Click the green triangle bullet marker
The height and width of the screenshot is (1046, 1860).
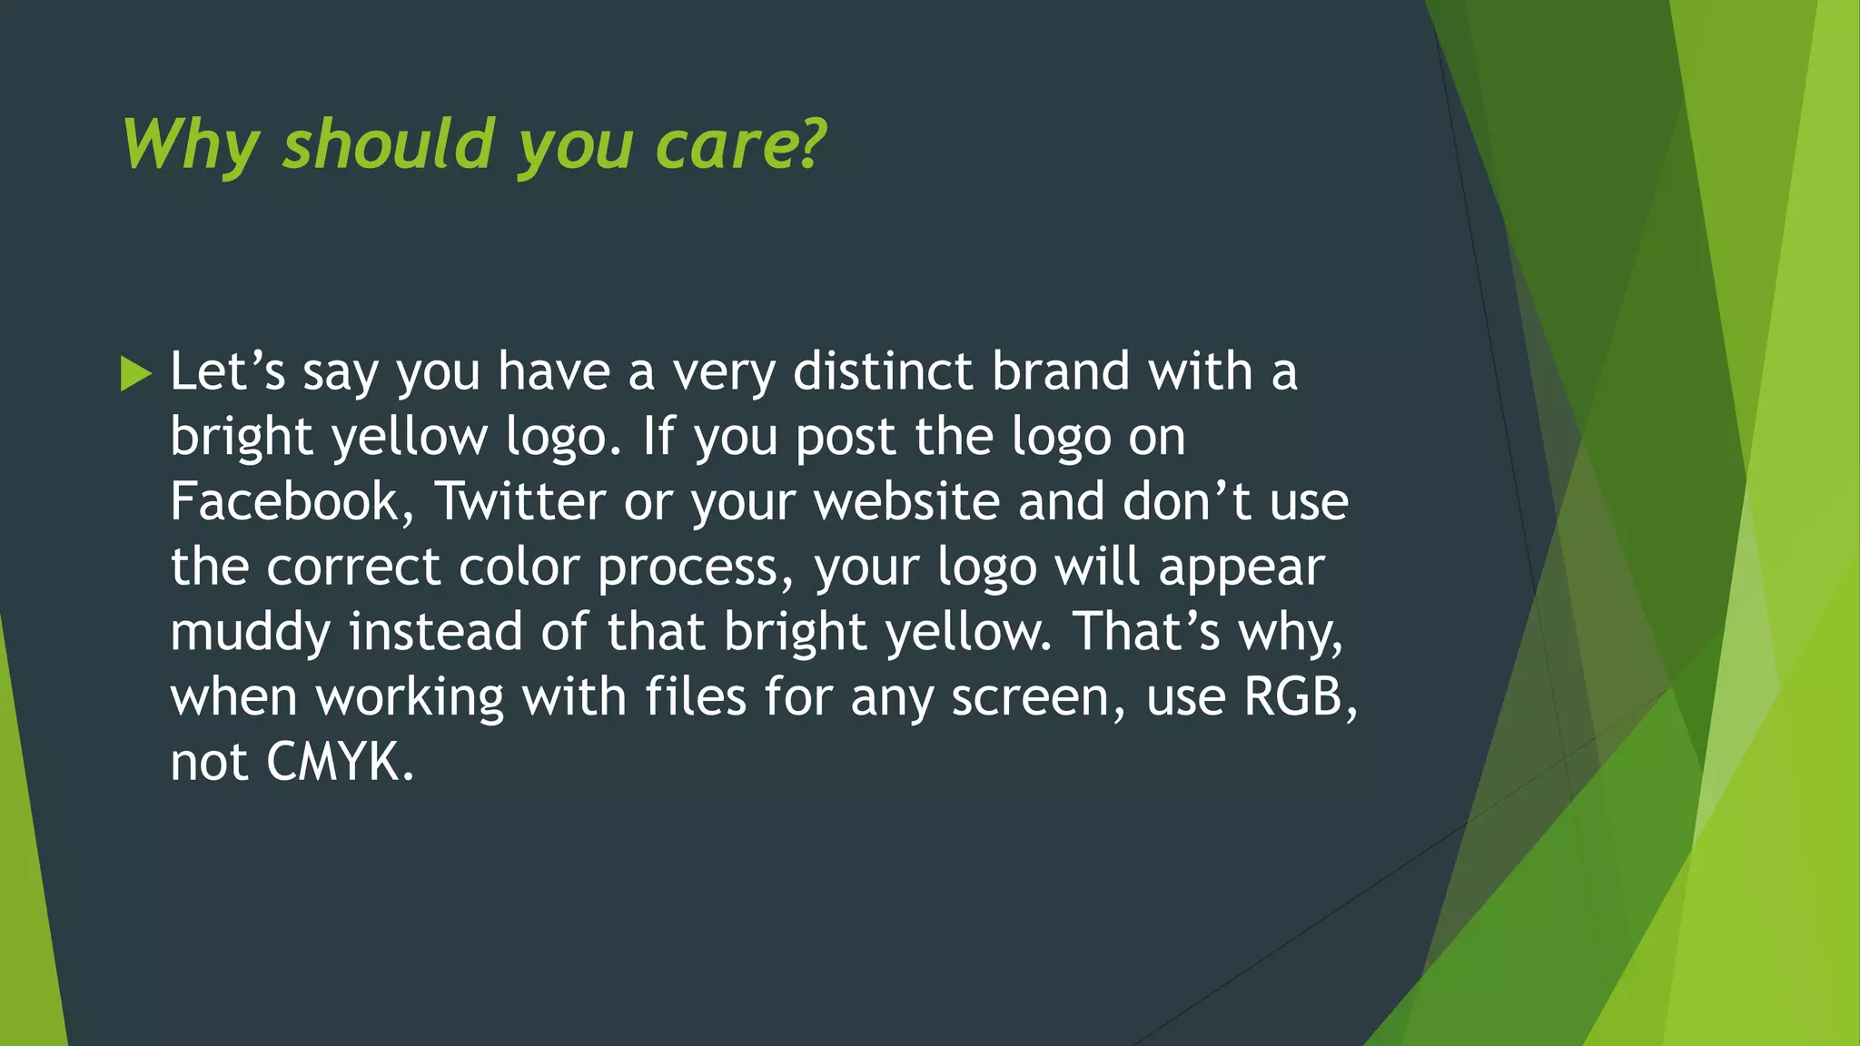[135, 373]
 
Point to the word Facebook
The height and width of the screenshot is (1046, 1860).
[284, 502]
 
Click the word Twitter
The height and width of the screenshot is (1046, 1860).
[520, 502]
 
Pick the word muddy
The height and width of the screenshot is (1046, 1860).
[251, 633]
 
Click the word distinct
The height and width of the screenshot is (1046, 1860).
[883, 372]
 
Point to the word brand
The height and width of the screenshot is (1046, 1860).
[1061, 372]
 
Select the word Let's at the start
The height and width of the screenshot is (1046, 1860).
[227, 372]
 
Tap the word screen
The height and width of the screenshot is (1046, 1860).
[1031, 697]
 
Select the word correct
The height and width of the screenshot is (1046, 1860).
[353, 567]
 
